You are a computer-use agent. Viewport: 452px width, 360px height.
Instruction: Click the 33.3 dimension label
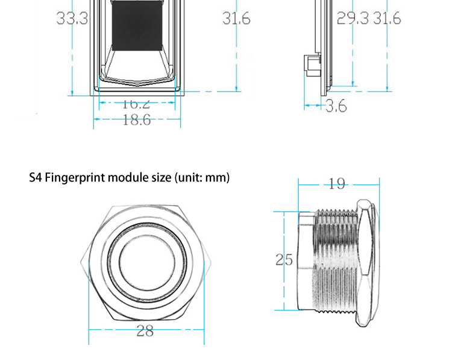pos(72,19)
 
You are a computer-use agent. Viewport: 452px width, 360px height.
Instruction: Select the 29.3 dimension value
pos(352,19)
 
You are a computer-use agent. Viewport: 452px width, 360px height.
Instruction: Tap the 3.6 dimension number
pos(336,106)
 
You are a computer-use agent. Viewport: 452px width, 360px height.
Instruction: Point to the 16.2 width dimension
pos(136,104)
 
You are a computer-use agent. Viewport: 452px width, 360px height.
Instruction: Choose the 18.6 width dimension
pos(136,120)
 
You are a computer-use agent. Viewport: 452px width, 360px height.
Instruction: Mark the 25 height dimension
pos(284,260)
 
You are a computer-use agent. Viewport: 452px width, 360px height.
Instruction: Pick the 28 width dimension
pos(145,330)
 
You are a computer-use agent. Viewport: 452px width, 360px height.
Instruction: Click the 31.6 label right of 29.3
pos(386,19)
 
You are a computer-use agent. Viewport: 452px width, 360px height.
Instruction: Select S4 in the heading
pos(36,178)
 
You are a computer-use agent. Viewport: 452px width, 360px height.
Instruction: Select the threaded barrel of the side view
pos(334,261)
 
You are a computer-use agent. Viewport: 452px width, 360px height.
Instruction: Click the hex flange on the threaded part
pos(366,261)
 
